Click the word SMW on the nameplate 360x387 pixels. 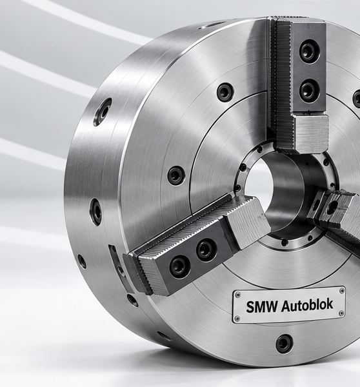pyautogui.click(x=262, y=307)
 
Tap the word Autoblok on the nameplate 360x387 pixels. pyautogui.click(x=307, y=305)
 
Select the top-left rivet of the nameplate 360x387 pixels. pyautogui.click(x=238, y=295)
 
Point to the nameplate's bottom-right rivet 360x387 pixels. pyautogui.click(x=342, y=313)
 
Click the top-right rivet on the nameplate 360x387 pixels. pyautogui.click(x=342, y=290)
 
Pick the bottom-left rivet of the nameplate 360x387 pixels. pyautogui.click(x=237, y=318)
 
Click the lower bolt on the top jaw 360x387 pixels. pyautogui.click(x=308, y=90)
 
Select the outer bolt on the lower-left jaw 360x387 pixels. pyautogui.click(x=179, y=267)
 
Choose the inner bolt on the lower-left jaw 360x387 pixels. pyautogui.click(x=206, y=250)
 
